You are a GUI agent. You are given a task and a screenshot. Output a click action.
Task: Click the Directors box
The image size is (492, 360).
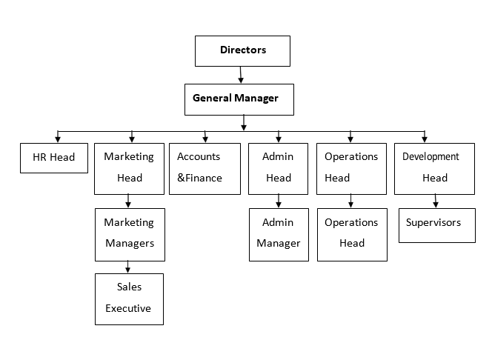tap(242, 51)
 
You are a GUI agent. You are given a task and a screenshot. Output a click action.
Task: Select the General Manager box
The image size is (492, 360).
tap(239, 99)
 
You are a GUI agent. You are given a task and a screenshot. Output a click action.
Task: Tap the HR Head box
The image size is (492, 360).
tap(54, 158)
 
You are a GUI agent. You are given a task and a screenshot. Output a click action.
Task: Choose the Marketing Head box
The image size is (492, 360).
tap(129, 169)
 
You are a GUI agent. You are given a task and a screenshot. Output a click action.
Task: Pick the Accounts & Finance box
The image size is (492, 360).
tap(205, 169)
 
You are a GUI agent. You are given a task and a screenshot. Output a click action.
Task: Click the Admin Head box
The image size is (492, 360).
tap(278, 169)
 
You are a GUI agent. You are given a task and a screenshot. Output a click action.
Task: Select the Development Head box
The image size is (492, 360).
tap(434, 169)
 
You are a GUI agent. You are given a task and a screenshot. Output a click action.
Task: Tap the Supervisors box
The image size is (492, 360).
tap(437, 225)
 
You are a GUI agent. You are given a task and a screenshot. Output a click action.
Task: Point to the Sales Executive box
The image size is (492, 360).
tap(129, 299)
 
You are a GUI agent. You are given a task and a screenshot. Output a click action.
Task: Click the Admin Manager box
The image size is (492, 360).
tap(279, 235)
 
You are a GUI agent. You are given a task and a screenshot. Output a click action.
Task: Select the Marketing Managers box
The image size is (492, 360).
tap(130, 235)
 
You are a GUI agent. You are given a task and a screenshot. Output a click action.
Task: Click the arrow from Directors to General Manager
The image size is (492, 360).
tap(241, 75)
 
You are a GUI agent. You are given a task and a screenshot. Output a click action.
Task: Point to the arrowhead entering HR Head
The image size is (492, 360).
tap(58, 139)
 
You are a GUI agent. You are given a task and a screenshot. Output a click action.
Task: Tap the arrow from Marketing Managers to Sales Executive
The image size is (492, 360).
tap(127, 267)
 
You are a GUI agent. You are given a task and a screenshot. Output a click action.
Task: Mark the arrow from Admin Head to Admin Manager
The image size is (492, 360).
tap(279, 201)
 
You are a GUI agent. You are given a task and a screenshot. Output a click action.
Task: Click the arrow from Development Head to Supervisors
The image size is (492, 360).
tap(435, 201)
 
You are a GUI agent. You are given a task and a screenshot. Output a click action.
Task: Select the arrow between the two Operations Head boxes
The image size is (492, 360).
tap(350, 201)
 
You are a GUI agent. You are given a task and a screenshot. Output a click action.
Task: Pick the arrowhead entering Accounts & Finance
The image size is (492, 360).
tap(205, 139)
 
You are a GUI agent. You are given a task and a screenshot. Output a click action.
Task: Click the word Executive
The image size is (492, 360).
tap(128, 308)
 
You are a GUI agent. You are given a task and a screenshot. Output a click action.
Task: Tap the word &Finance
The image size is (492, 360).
tap(199, 178)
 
